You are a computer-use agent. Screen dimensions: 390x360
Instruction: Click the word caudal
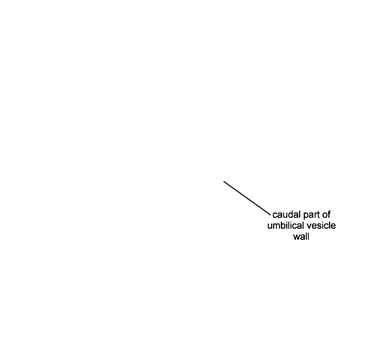point(287,214)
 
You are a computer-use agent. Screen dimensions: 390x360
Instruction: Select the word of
point(326,214)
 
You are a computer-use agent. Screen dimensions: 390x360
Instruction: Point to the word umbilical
point(285,225)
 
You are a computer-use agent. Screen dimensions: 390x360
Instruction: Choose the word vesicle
point(321,225)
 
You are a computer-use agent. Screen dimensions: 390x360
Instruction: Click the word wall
point(301,237)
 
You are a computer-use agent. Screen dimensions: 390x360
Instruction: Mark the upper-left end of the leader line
point(224,181)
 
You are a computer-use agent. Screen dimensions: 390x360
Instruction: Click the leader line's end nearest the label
point(270,214)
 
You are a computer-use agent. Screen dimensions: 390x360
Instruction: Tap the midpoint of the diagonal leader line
point(247,198)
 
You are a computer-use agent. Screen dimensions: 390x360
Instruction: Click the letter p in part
point(305,216)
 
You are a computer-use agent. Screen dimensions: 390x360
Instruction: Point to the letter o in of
point(324,215)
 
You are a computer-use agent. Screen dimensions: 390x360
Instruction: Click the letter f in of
point(329,214)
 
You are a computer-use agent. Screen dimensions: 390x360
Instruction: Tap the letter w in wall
point(296,237)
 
